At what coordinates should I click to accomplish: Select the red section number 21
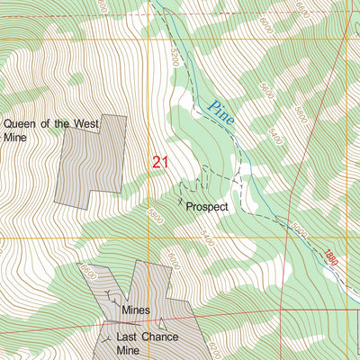point(160,162)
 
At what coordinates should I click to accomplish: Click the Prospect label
point(208,206)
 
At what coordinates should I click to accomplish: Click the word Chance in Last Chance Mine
point(159,337)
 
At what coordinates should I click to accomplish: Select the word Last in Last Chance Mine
point(128,337)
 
